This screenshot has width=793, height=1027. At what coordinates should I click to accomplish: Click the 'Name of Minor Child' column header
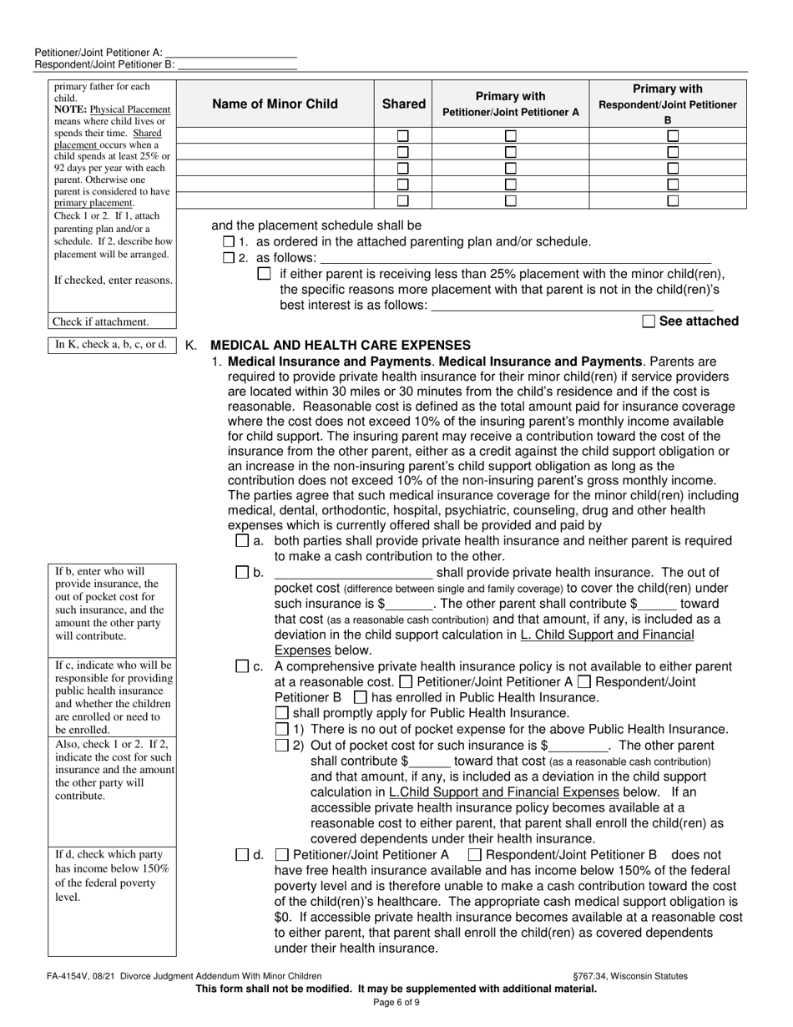pyautogui.click(x=275, y=104)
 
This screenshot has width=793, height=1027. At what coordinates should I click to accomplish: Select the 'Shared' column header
pyautogui.click(x=403, y=104)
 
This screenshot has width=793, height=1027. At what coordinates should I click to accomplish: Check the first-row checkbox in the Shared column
pyautogui.click(x=403, y=136)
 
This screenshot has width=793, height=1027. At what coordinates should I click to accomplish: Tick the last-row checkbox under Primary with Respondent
pyautogui.click(x=673, y=201)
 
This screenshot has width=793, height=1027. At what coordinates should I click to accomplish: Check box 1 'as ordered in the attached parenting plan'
pyautogui.click(x=230, y=242)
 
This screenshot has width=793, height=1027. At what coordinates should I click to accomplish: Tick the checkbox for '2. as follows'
pyautogui.click(x=230, y=259)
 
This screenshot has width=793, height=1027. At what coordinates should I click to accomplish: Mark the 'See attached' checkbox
pyautogui.click(x=649, y=321)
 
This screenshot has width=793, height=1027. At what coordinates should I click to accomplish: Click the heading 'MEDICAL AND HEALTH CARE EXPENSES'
pyautogui.click(x=341, y=345)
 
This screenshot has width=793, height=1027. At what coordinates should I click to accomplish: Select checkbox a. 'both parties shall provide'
pyautogui.click(x=242, y=541)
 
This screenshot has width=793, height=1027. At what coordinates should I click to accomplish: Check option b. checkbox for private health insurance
pyautogui.click(x=242, y=573)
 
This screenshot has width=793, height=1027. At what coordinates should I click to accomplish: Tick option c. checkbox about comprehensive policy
pyautogui.click(x=242, y=666)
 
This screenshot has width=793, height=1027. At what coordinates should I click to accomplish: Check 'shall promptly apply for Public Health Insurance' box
pyautogui.click(x=282, y=713)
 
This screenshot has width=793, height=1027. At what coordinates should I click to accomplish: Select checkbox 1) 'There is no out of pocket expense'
pyautogui.click(x=282, y=729)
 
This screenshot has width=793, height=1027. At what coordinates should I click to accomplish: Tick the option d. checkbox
pyautogui.click(x=242, y=855)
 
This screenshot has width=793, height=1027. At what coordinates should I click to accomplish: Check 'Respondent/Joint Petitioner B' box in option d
pyautogui.click(x=475, y=855)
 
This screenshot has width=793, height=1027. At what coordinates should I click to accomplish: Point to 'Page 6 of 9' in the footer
pyautogui.click(x=396, y=1003)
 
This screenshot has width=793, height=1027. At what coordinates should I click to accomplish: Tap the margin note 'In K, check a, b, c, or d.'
pyautogui.click(x=111, y=344)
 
